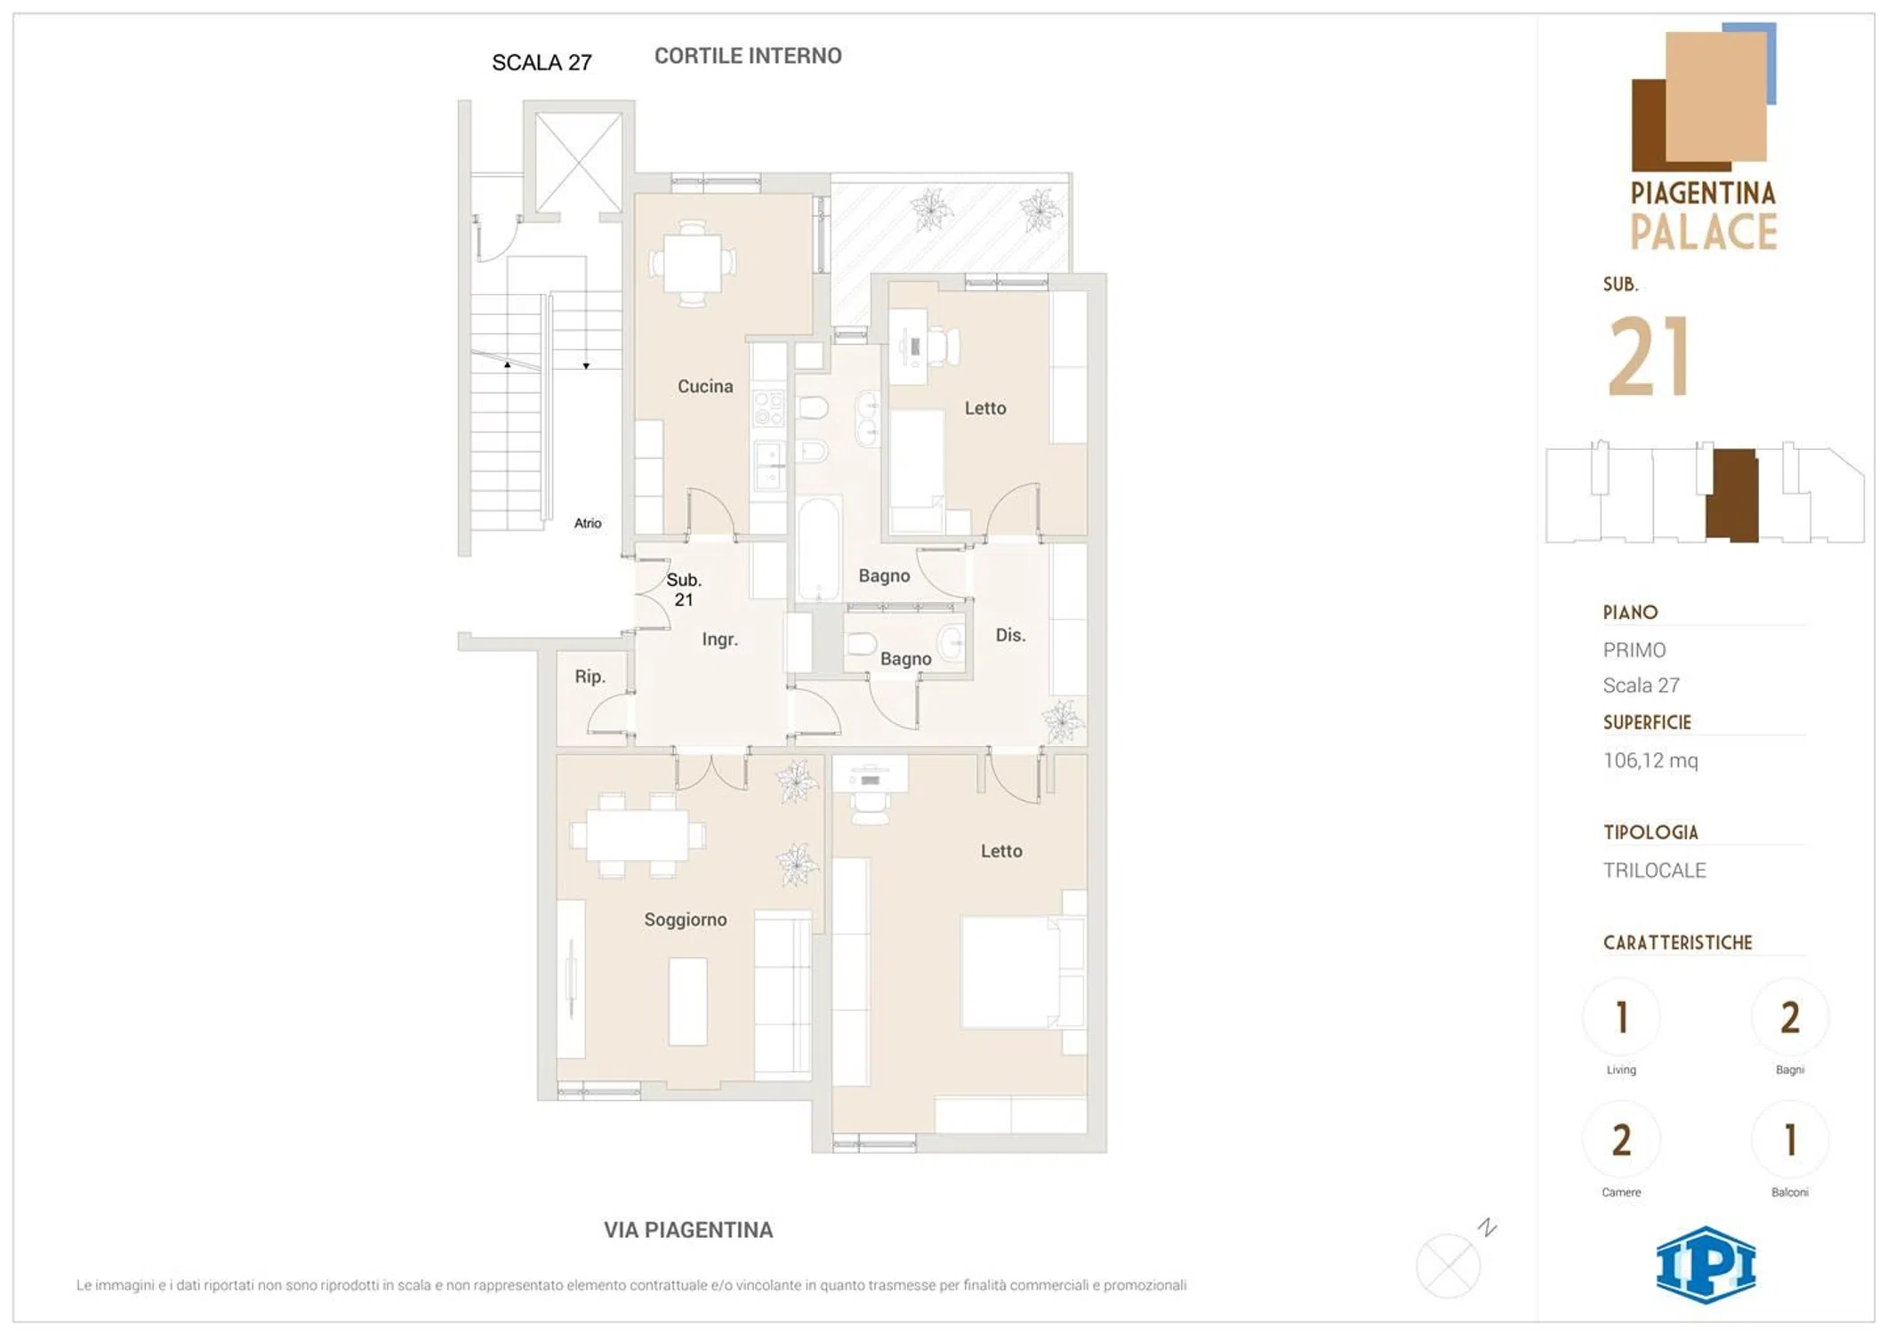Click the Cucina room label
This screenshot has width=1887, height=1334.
705,386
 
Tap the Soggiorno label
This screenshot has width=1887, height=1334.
685,920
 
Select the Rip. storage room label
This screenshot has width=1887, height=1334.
590,677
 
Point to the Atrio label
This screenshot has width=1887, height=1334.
587,523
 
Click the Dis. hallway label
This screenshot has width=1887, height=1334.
1010,635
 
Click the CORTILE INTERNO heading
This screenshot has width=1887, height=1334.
748,56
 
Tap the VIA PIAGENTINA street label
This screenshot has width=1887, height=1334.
688,1230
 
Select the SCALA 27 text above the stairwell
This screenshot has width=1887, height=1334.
542,62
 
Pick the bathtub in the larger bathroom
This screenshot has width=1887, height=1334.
818,549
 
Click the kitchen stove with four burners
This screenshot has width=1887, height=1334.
768,407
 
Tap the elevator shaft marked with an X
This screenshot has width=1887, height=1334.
578,163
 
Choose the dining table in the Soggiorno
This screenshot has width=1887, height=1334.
637,835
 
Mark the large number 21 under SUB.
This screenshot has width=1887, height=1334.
1649,357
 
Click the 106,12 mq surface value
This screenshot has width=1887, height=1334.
1650,760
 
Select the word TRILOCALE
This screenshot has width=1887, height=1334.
1654,871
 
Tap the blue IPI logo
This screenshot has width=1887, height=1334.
1706,1265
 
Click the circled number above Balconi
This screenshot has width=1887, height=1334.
1790,1140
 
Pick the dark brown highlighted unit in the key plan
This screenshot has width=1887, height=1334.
1732,494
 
